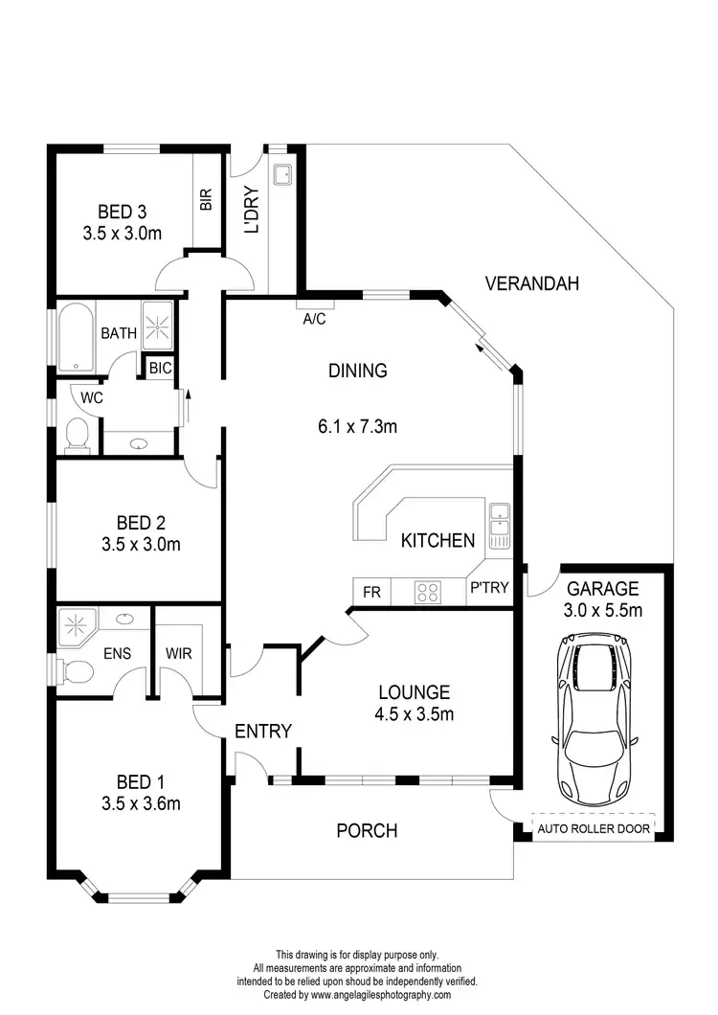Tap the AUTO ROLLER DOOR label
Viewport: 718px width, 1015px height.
coord(593,829)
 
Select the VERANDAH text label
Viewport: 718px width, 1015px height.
coord(532,283)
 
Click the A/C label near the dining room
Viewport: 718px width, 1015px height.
coord(314,320)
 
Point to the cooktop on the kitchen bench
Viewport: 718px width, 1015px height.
coord(427,593)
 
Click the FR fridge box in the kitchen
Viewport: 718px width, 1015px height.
coord(371,593)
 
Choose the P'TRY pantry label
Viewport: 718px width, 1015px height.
coord(488,592)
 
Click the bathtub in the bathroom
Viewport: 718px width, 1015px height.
coord(76,337)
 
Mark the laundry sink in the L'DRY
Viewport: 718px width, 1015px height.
coord(282,174)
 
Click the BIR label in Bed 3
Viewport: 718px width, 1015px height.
coord(206,198)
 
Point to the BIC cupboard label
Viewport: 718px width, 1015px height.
coord(159,367)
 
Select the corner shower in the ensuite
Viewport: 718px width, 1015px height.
coord(77,625)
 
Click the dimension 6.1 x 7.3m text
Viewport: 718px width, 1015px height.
coord(357,426)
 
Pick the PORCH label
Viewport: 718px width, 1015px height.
coord(367,830)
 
